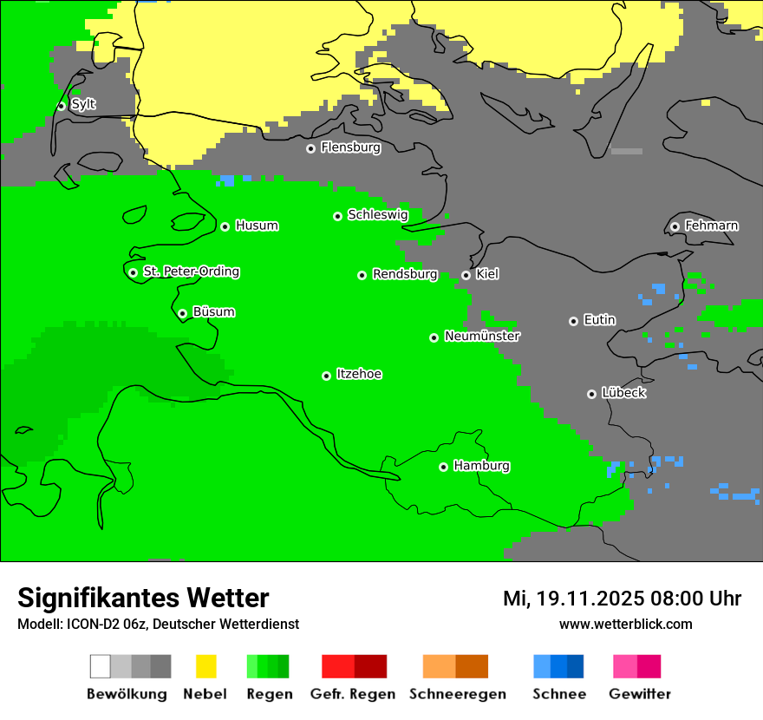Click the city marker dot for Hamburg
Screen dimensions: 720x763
pyautogui.click(x=443, y=467)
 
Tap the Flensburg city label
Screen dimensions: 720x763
pyautogui.click(x=350, y=147)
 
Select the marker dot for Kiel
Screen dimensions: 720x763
pyautogui.click(x=466, y=275)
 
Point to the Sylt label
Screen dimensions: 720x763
pyautogui.click(x=83, y=104)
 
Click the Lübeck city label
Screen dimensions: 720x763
pyautogui.click(x=623, y=393)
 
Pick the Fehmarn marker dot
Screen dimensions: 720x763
pyautogui.click(x=675, y=226)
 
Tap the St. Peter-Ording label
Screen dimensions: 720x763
pyautogui.click(x=191, y=272)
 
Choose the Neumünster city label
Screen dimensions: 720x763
pyautogui.click(x=482, y=336)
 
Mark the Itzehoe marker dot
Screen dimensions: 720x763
pyautogui.click(x=326, y=376)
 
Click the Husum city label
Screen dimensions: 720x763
pyautogui.click(x=257, y=226)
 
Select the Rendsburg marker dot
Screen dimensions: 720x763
pyautogui.click(x=362, y=275)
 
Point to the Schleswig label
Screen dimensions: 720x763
pyautogui.click(x=377, y=214)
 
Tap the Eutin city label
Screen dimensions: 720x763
pyautogui.click(x=599, y=320)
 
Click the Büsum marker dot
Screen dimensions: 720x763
pyautogui.click(x=182, y=313)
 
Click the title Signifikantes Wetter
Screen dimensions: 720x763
pyautogui.click(x=143, y=598)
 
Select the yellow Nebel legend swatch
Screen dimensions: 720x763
pyautogui.click(x=205, y=666)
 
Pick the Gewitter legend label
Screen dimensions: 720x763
pyautogui.click(x=639, y=694)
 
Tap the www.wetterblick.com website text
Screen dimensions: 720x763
pyautogui.click(x=625, y=624)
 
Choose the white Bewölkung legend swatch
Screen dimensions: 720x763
pyautogui.click(x=101, y=666)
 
